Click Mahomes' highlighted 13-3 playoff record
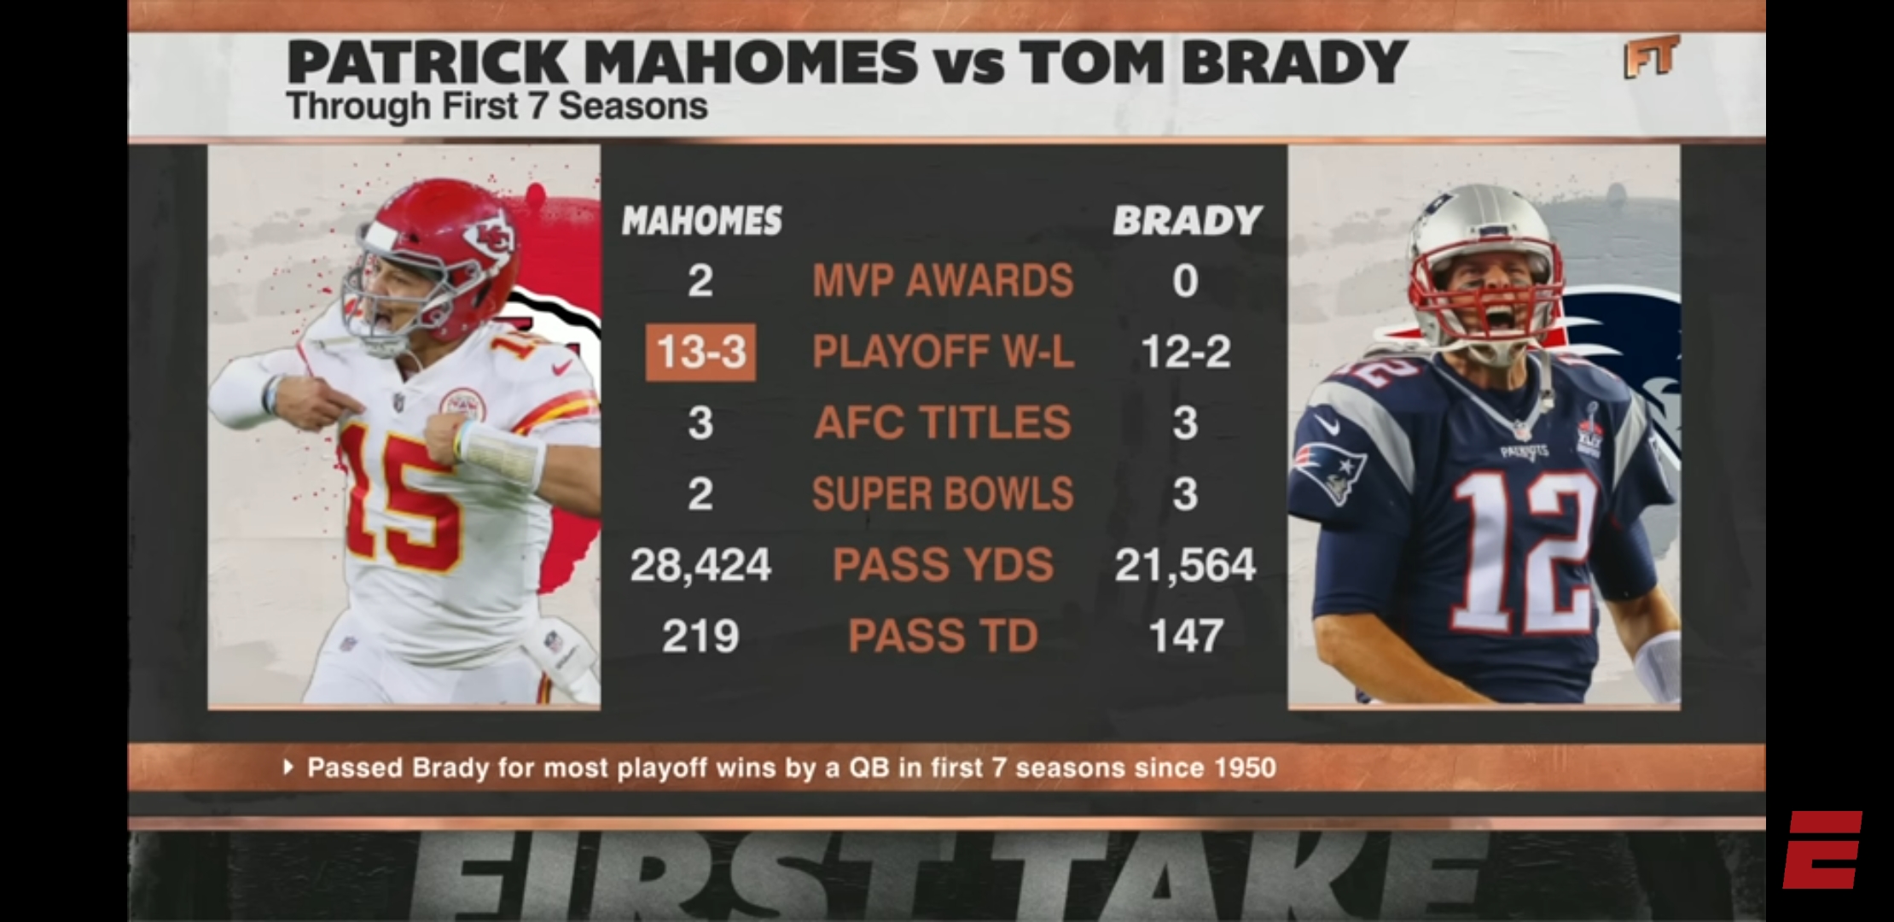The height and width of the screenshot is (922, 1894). point(700,352)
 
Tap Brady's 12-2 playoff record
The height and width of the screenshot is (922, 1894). point(1185,352)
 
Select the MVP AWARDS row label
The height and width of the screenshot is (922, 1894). point(943,281)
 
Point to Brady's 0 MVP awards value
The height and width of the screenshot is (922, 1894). point(1185,281)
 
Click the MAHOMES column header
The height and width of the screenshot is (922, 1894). point(701,221)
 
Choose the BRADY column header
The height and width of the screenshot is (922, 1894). point(1187,221)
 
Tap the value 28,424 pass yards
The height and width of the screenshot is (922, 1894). point(700,565)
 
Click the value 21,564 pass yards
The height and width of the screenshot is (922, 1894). point(1185,565)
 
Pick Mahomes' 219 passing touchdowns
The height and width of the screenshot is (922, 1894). point(700,636)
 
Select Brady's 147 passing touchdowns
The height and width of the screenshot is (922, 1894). point(1186,636)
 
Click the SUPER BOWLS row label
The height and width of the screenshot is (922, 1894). point(943,493)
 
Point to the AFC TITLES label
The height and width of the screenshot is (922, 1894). point(943,423)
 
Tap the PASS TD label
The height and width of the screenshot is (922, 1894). point(943,636)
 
